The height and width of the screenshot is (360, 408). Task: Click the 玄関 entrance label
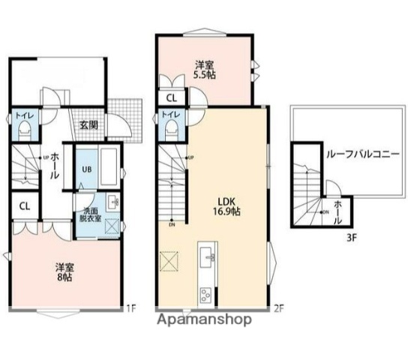[x=87, y=125]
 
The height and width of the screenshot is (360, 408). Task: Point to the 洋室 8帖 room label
[x=63, y=271]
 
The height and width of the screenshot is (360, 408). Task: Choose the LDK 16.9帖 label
[x=228, y=206]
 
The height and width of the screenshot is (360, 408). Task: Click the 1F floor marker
[x=130, y=307]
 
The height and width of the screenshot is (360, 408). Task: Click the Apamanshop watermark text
[x=203, y=319]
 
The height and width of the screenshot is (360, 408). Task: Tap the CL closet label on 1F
[x=24, y=205]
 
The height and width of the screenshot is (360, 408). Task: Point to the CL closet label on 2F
[x=171, y=97]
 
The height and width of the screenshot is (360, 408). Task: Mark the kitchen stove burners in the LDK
[x=205, y=294]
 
